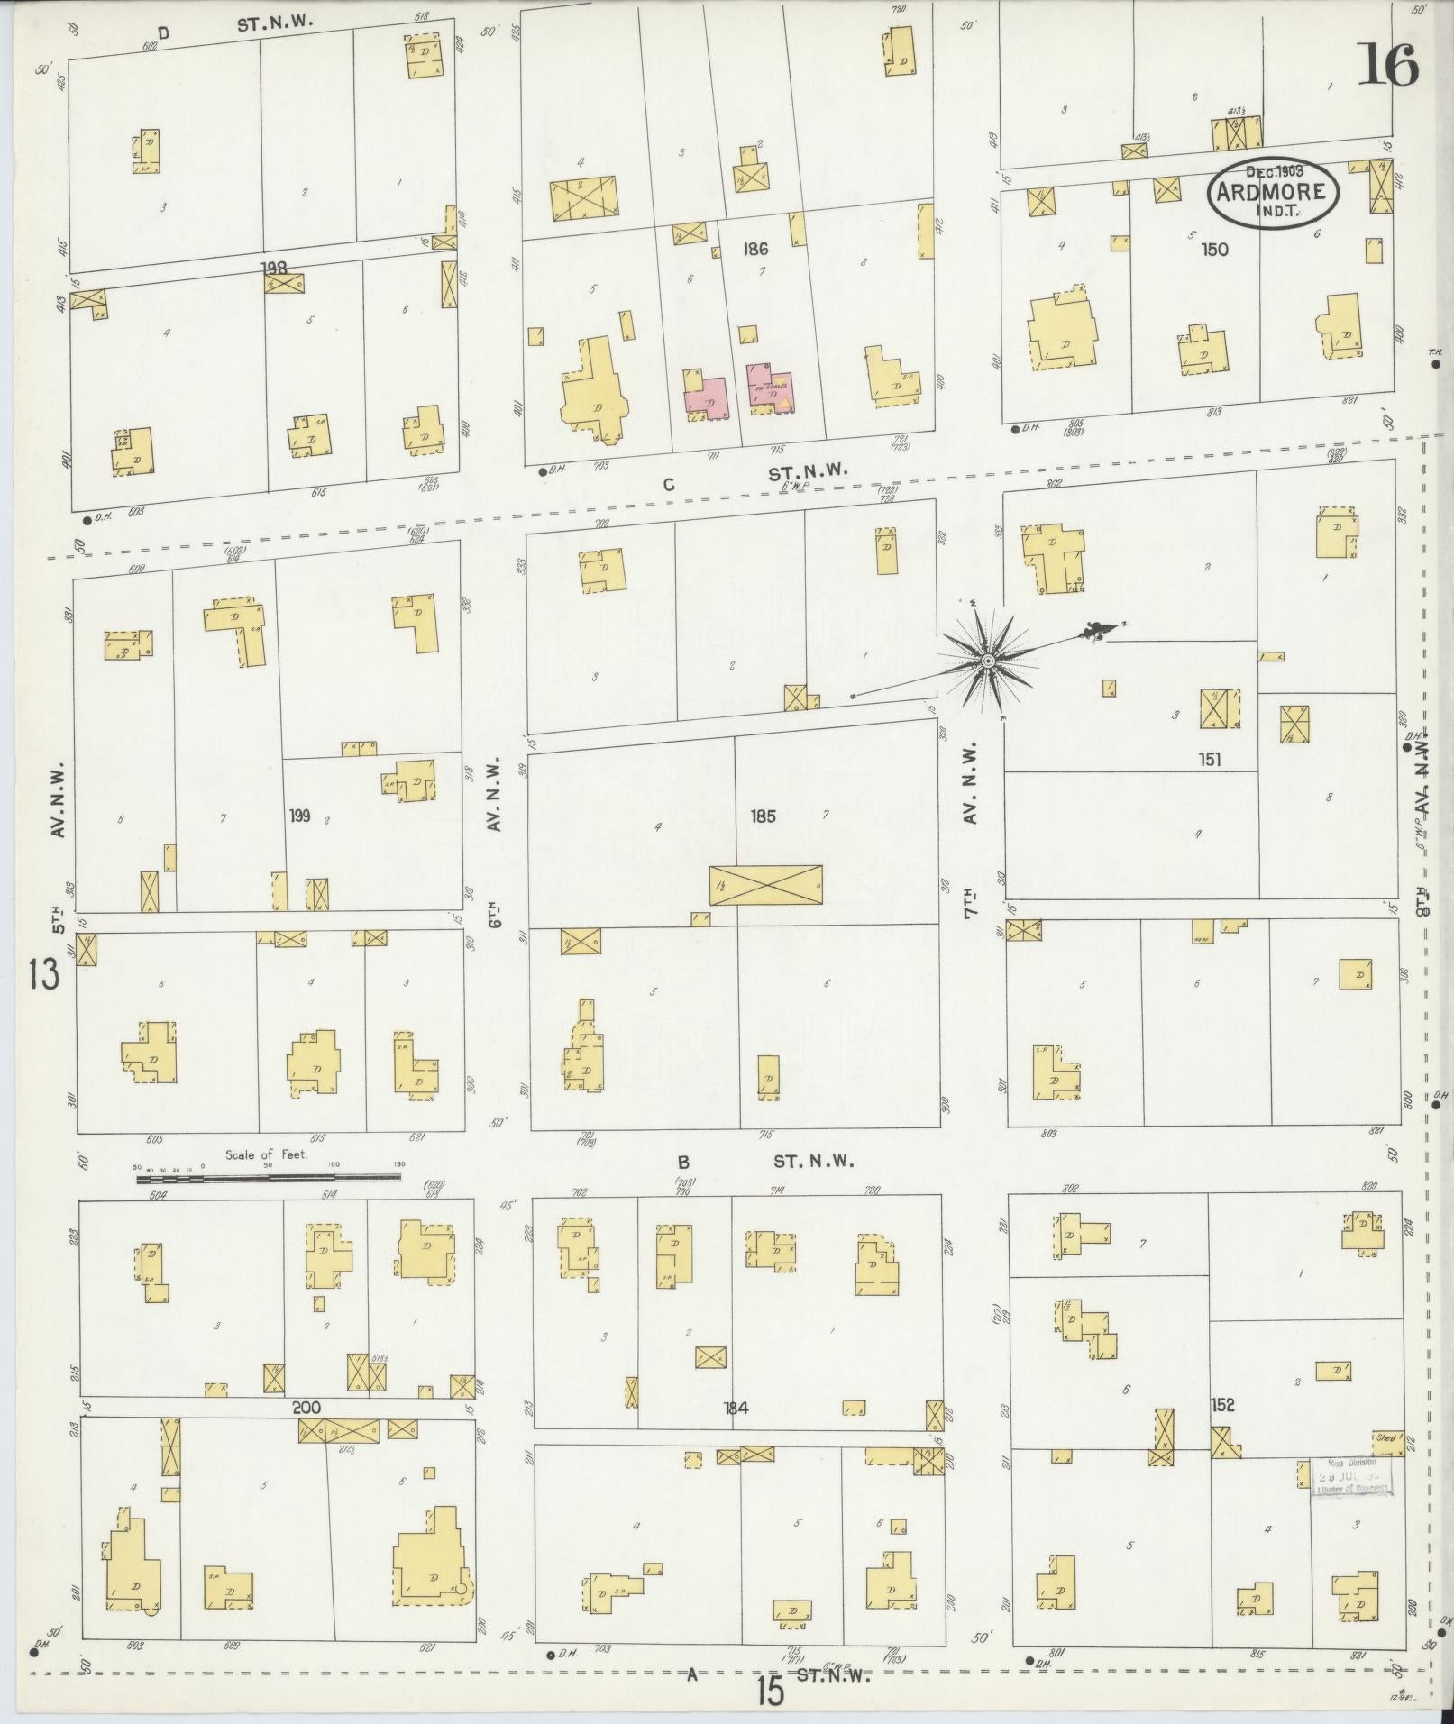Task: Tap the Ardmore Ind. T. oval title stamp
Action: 1273,191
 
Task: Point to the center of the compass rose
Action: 988,661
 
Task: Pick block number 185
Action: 763,816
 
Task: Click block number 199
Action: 300,816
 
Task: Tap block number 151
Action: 1209,759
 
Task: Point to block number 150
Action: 1214,249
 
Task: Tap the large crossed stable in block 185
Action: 765,886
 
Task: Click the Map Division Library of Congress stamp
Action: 1350,1477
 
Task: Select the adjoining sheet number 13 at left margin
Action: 42,974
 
